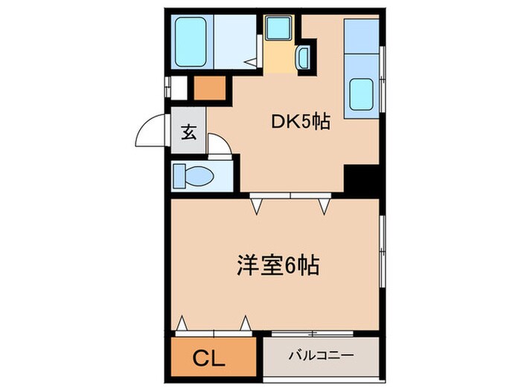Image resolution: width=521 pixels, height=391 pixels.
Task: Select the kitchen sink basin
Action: [362, 94]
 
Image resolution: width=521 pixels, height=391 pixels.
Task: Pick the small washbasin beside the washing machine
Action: [304, 57]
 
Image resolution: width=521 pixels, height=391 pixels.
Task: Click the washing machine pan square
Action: [280, 30]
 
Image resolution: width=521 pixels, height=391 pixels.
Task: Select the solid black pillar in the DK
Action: [361, 179]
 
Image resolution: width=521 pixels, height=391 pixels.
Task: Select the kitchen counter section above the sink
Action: [362, 43]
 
